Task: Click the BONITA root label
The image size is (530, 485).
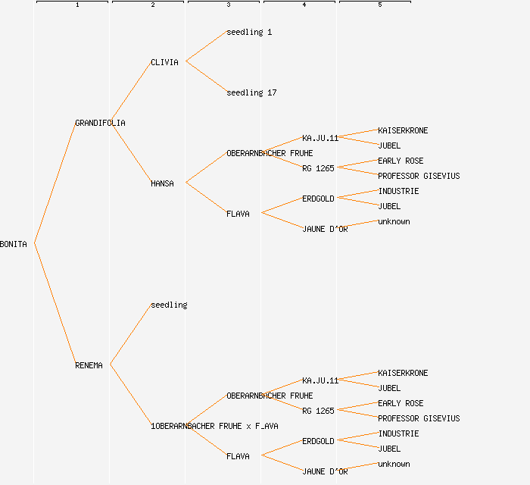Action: [14, 244]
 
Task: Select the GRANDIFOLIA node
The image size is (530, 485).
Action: [100, 123]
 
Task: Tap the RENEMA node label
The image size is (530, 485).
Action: [89, 365]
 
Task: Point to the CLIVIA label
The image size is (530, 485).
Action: [164, 62]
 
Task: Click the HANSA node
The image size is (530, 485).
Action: [162, 183]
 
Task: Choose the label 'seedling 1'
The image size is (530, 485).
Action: [249, 32]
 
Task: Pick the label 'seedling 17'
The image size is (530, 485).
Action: [251, 92]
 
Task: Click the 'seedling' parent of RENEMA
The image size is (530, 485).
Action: [169, 305]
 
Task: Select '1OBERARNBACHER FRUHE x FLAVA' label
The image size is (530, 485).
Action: [214, 426]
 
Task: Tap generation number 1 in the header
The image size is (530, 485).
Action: [77, 5]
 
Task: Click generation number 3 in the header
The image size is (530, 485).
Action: [229, 5]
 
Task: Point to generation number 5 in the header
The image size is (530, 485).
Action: [380, 5]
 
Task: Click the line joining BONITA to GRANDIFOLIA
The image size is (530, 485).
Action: [55, 183]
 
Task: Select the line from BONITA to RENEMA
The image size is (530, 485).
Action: [55, 304]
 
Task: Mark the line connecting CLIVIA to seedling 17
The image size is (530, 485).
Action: [206, 77]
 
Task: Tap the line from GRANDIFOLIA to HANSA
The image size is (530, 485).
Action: [131, 152]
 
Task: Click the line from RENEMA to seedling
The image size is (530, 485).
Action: [131, 334]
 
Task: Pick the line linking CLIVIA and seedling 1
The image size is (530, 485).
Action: [206, 46]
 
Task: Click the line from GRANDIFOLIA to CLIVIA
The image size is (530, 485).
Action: [131, 92]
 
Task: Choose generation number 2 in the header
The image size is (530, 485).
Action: [153, 5]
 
